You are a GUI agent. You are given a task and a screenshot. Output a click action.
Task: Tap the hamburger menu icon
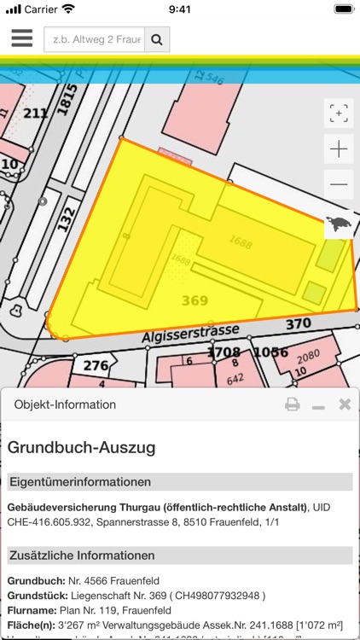22,39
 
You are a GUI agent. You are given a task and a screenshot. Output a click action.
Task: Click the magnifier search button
157,39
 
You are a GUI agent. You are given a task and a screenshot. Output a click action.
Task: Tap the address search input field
94,39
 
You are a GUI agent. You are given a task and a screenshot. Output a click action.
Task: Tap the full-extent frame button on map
339,113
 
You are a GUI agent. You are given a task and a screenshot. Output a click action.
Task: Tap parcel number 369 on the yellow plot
195,300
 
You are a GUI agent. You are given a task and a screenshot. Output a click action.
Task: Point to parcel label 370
298,324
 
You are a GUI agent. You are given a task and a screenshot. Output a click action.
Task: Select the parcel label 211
36,113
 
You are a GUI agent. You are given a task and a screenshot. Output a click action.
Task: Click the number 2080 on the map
308,355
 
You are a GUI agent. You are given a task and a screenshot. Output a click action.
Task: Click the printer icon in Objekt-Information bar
292,404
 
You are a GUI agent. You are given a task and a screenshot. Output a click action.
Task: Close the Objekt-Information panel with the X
345,404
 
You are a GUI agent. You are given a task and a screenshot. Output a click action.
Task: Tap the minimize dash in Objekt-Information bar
318,407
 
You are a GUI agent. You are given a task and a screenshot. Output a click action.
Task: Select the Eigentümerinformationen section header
80,482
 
